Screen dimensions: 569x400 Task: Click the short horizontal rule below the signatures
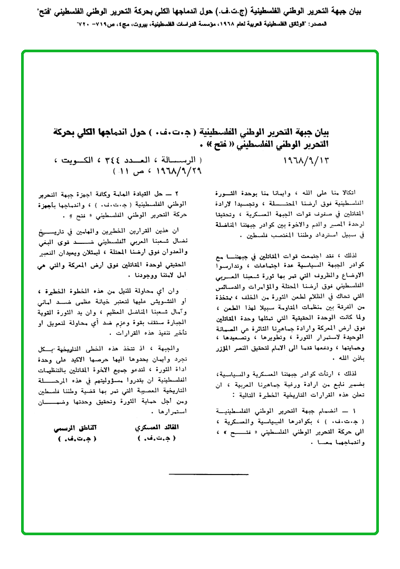click(197, 475)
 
